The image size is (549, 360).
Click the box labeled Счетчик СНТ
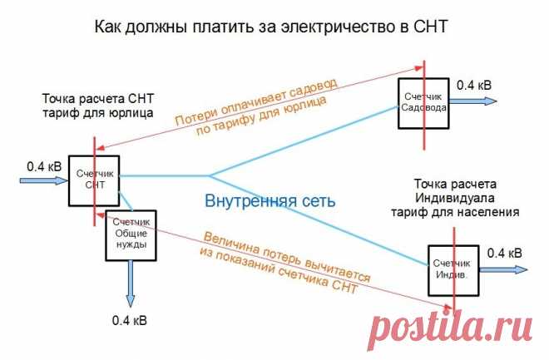point(93,180)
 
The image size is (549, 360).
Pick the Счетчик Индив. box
point(453,269)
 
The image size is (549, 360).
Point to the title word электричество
point(326,27)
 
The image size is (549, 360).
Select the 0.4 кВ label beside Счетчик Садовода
point(473,83)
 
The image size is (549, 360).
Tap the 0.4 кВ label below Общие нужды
point(130,320)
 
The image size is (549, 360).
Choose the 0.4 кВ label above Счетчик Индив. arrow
point(504,252)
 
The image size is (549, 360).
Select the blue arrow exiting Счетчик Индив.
point(505,269)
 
